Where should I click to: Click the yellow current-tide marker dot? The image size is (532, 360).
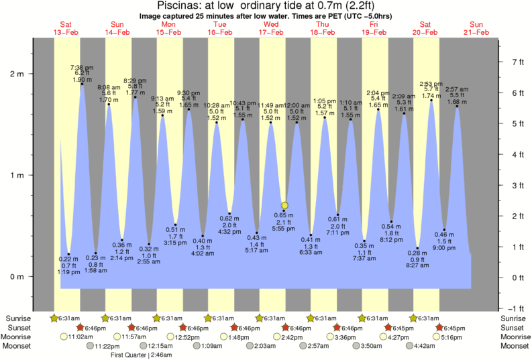[285, 205]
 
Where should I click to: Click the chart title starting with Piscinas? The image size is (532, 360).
[266, 5]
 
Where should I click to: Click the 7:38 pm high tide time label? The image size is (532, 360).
[82, 67]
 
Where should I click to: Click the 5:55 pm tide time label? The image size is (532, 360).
[285, 229]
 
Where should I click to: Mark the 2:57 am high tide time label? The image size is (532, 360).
[457, 89]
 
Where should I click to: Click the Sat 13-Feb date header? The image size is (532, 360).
[66, 27]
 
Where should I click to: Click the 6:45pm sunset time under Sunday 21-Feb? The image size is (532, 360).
[454, 327]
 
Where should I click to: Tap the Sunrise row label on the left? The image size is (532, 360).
[19, 318]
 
